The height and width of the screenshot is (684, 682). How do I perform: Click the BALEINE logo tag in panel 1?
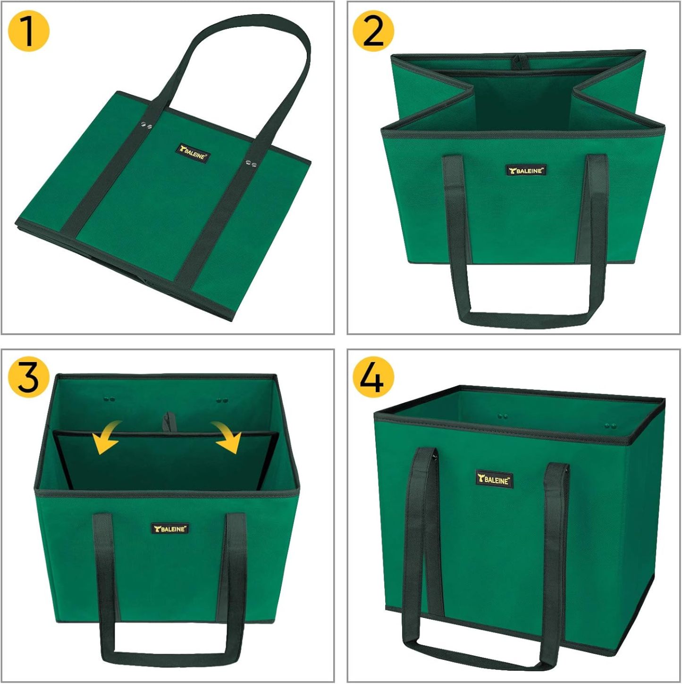pos(194,153)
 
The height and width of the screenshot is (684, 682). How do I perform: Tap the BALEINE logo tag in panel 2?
pos(526,170)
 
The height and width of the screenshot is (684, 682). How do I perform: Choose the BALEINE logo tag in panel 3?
pos(170,529)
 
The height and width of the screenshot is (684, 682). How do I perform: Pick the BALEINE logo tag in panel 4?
pos(494,480)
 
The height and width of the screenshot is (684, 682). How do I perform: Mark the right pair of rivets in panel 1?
pos(252,164)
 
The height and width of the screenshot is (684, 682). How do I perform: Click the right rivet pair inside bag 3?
pos(222,400)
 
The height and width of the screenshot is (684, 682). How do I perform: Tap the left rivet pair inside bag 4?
pos(503,416)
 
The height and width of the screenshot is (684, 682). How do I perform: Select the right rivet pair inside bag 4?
pos(612,426)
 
